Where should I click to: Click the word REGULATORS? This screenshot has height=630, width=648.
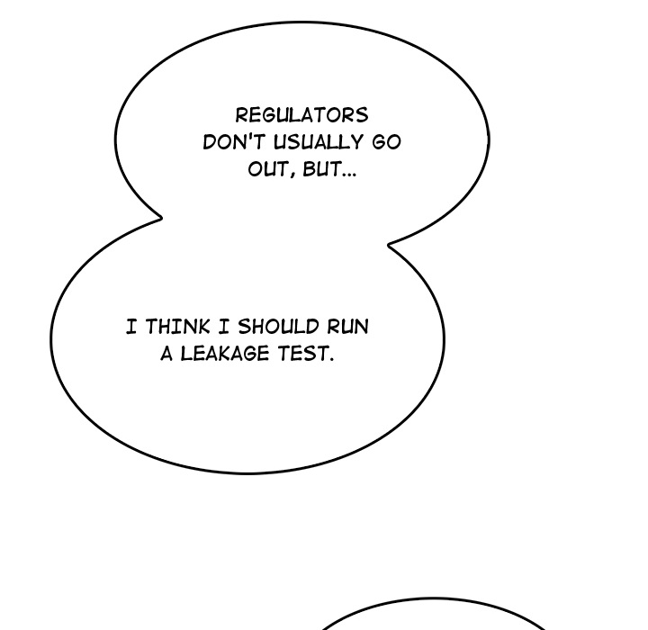(x=301, y=115)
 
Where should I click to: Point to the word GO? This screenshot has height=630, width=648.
(x=386, y=142)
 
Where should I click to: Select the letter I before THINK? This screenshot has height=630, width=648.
(x=131, y=326)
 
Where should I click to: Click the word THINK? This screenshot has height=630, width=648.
(x=177, y=326)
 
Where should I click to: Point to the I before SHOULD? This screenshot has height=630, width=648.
(x=223, y=326)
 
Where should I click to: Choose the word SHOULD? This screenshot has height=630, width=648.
(x=278, y=326)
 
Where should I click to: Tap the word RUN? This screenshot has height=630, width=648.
(x=348, y=326)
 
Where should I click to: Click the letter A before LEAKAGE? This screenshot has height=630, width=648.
(x=166, y=354)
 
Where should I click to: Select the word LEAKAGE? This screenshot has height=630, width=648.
(x=225, y=354)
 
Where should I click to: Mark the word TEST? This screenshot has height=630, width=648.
(x=302, y=354)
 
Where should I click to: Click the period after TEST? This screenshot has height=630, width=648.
(x=331, y=359)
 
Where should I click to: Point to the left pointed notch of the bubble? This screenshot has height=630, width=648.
(x=162, y=218)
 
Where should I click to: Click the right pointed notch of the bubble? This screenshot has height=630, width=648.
(x=388, y=245)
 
